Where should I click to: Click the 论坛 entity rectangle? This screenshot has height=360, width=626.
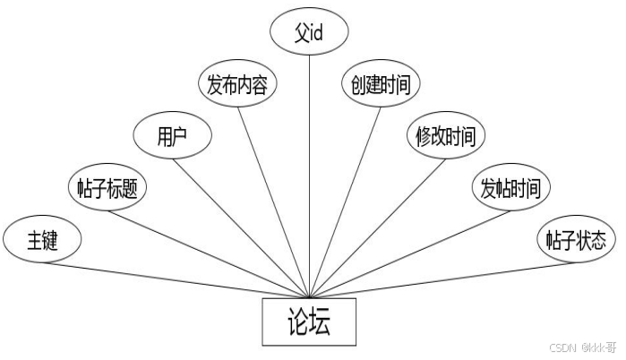(309, 321)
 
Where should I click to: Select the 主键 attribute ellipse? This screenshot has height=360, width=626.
(42, 240)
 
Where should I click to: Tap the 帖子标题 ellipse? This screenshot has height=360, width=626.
(107, 187)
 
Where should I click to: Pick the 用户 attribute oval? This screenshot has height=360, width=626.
(172, 137)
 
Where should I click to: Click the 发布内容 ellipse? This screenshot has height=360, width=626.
(236, 86)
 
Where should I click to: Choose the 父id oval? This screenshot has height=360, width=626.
(309, 33)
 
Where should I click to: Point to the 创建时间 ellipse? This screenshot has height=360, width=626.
(381, 86)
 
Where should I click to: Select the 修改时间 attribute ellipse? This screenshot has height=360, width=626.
(445, 137)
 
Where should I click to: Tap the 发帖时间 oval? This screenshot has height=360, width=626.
(510, 188)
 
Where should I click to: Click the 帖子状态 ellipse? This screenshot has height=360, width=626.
(576, 240)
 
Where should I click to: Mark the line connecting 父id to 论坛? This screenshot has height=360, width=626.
(309, 170)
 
